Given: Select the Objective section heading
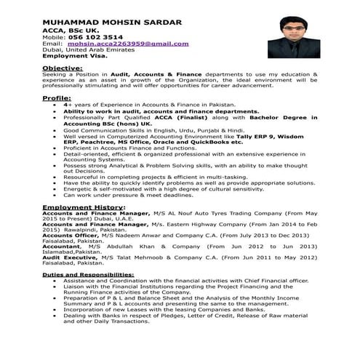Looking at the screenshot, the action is click(x=62, y=67).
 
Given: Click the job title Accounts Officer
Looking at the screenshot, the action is click(x=69, y=236).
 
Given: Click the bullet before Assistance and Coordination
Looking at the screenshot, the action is click(x=56, y=281).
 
